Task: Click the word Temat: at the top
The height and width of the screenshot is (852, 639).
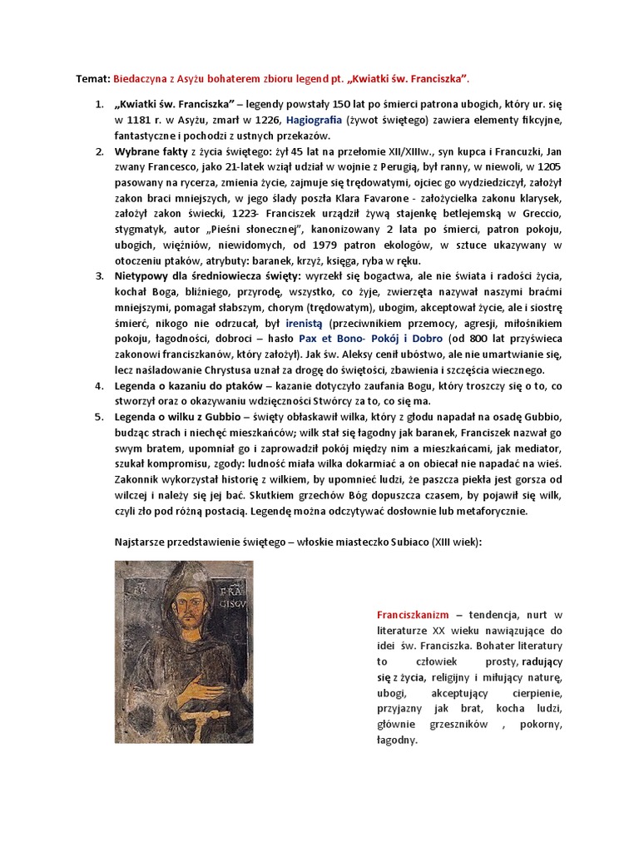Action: coord(92,78)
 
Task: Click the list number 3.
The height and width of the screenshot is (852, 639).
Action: coord(98,275)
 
